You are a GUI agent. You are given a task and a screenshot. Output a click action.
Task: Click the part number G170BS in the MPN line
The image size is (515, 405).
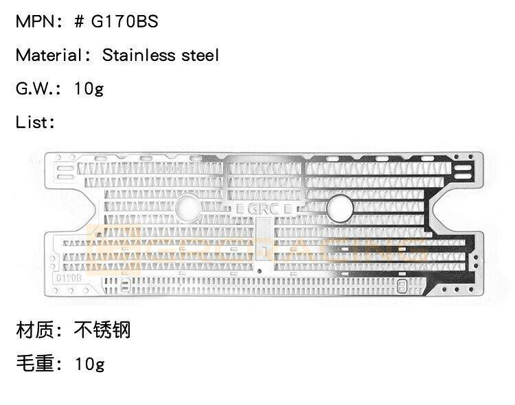[125, 22]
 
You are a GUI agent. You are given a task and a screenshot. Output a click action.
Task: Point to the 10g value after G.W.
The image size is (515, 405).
[89, 89]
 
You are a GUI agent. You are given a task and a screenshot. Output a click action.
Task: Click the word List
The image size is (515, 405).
[32, 123]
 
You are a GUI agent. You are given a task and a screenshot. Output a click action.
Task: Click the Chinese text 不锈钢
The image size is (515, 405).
[103, 330]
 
